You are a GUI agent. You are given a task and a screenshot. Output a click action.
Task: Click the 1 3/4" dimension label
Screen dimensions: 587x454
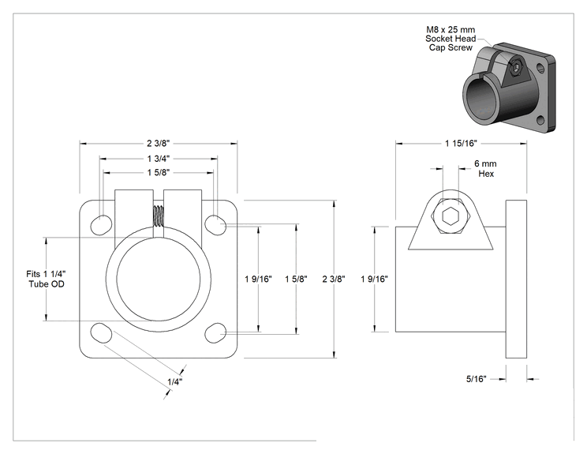[159, 159]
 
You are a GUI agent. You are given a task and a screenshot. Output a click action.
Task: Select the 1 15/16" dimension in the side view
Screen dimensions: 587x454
[461, 144]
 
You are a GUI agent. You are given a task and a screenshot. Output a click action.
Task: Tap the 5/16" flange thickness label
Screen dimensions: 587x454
[476, 379]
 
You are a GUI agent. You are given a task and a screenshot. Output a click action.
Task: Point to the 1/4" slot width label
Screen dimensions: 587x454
[174, 382]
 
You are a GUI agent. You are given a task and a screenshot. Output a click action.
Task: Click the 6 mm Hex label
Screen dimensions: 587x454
[485, 168]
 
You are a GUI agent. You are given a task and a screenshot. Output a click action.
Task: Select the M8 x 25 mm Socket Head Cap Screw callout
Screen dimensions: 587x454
[451, 39]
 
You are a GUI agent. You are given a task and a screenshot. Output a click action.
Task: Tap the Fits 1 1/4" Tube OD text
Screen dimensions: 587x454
[47, 279]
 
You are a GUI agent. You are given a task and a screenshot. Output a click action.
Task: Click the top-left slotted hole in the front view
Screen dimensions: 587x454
[101, 225]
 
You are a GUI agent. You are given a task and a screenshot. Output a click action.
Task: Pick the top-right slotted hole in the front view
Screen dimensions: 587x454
[215, 225]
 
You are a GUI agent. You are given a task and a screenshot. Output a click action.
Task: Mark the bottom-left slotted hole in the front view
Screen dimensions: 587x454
[101, 332]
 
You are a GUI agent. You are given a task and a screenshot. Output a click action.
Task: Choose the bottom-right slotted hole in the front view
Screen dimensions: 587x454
[215, 332]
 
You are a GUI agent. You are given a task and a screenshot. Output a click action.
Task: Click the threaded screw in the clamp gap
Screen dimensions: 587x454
[159, 216]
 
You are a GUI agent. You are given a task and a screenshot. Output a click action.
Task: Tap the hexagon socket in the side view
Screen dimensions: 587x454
[451, 216]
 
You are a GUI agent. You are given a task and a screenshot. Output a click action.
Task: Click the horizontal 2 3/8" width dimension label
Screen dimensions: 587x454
[159, 144]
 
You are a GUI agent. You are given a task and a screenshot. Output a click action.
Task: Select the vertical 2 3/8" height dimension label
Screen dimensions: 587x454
[334, 279]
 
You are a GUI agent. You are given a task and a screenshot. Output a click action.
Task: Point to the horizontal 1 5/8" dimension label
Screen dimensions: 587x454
[159, 172]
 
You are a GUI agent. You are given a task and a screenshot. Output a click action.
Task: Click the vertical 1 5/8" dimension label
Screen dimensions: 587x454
[296, 279]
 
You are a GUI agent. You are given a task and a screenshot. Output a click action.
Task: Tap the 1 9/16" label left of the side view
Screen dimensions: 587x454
[374, 279]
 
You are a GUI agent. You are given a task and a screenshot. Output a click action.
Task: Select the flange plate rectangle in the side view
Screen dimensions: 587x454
[516, 279]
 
